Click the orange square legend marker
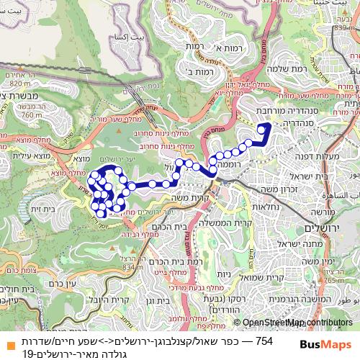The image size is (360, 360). (7, 339)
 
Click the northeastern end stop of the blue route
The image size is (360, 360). (267, 125)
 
